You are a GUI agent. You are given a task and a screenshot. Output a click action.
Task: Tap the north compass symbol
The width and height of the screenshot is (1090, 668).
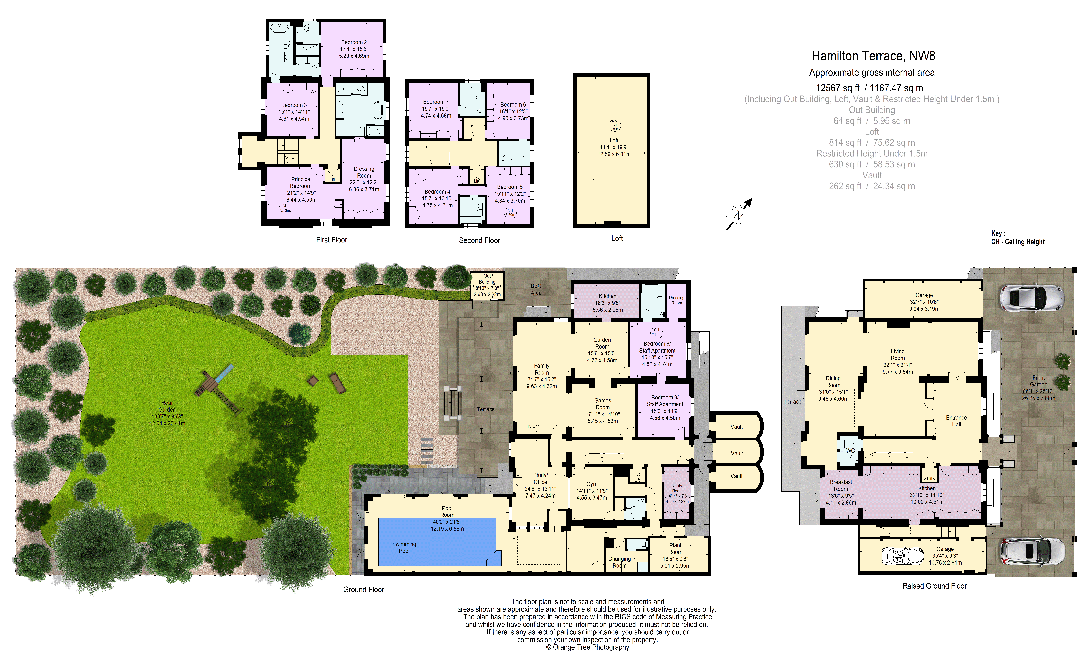coord(738,215)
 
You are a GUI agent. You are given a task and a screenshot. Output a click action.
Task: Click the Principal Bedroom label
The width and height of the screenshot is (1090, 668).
coord(301,183)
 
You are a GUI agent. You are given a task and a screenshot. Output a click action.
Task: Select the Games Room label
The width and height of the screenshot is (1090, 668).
coord(603,404)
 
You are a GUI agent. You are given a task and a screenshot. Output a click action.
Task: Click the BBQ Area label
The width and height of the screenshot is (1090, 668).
coord(536,289)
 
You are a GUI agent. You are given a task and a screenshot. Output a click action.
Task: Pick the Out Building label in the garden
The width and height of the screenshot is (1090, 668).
coord(487,279)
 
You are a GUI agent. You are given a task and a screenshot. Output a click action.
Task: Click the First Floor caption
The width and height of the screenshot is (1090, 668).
coord(332,240)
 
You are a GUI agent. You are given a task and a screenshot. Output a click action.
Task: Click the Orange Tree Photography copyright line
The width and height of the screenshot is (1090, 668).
coord(587,647)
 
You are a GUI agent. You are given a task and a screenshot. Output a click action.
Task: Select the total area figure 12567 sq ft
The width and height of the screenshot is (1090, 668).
coord(837,88)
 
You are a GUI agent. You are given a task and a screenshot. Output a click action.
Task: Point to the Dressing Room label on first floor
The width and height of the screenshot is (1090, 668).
coord(364,172)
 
